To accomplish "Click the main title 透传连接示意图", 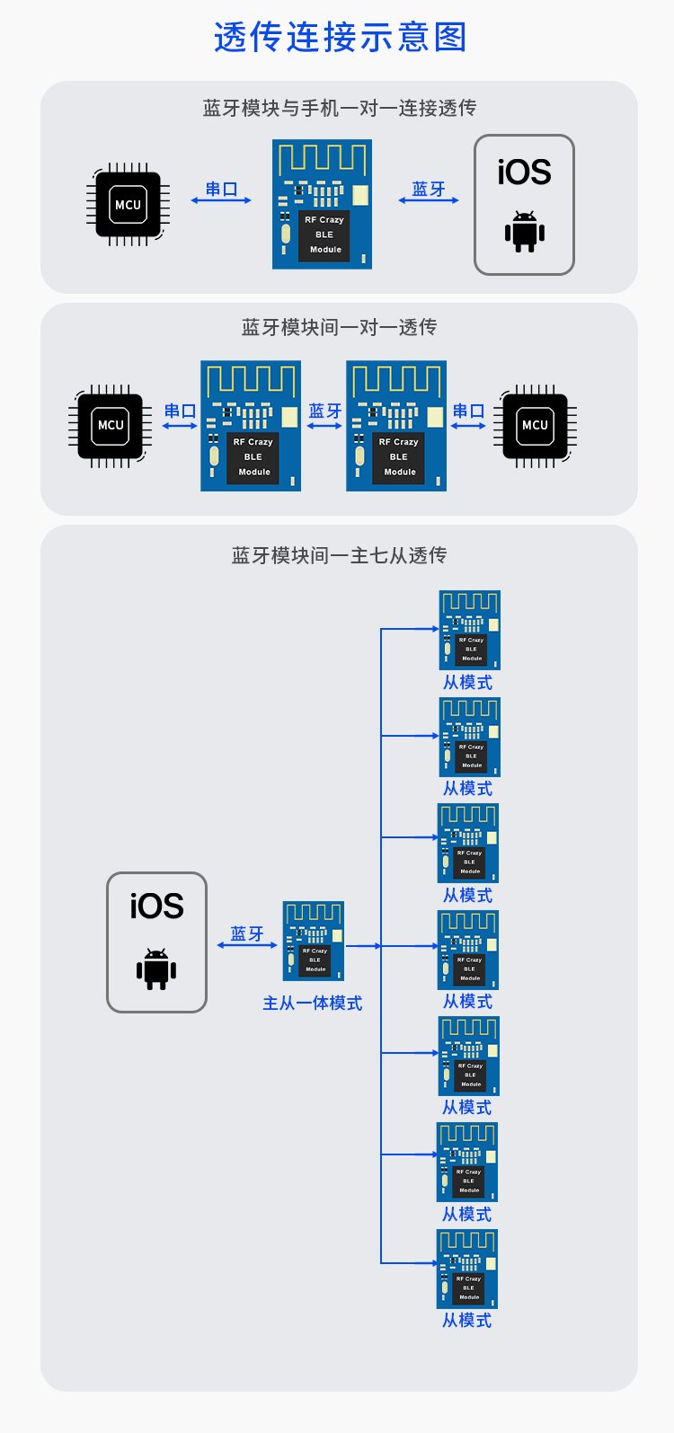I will pos(340,38).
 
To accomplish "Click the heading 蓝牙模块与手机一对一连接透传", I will pos(339,108).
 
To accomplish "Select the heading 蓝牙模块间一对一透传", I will pos(339,327).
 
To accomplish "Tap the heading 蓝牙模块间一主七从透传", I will pos(339,555).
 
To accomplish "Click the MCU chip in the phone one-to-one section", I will pos(128,205).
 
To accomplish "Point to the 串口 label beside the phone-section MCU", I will pos(221,189).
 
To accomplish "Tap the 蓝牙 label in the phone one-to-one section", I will pos(429,189).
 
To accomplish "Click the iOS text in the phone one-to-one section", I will pos(524,172).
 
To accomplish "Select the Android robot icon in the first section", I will pos(525,232).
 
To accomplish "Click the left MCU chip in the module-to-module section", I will pos(110,426).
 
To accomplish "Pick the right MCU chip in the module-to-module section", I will pos(535,426).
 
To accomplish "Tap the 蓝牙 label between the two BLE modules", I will pos(324,411).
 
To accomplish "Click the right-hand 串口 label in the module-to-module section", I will pos(468,411).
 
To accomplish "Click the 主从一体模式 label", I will pos(312,1003).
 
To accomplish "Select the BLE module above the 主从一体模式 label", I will pos(314,941).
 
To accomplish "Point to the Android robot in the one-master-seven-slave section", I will pos(156,969).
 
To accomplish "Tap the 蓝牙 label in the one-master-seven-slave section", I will pos(247,933).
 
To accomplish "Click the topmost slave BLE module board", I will pos(469,630).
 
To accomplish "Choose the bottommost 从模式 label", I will pos(466,1321).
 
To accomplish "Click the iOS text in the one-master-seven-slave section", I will pos(156,907).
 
